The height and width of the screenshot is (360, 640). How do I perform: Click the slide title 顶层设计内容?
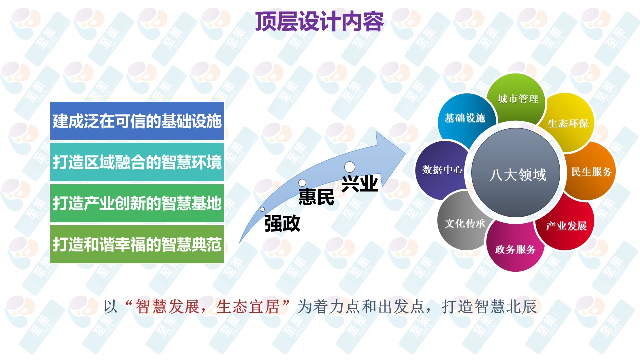point(319,21)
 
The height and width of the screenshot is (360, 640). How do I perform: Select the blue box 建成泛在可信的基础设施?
point(137,121)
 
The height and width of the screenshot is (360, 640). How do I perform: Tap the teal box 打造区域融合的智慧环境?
point(137,162)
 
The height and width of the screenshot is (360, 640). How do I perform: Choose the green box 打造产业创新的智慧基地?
point(137,203)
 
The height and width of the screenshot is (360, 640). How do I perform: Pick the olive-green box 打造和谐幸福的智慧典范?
point(137,244)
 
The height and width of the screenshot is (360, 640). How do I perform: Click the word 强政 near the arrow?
point(282,223)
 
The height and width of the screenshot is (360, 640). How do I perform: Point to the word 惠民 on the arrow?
point(316,196)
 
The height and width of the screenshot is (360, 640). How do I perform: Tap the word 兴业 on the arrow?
point(360,183)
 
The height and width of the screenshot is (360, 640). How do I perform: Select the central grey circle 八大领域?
point(516,173)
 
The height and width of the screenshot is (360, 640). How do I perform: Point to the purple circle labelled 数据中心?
point(441,170)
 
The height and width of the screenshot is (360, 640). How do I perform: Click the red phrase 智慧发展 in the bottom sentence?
point(167,307)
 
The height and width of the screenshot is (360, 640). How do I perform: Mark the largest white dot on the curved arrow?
point(350,167)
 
